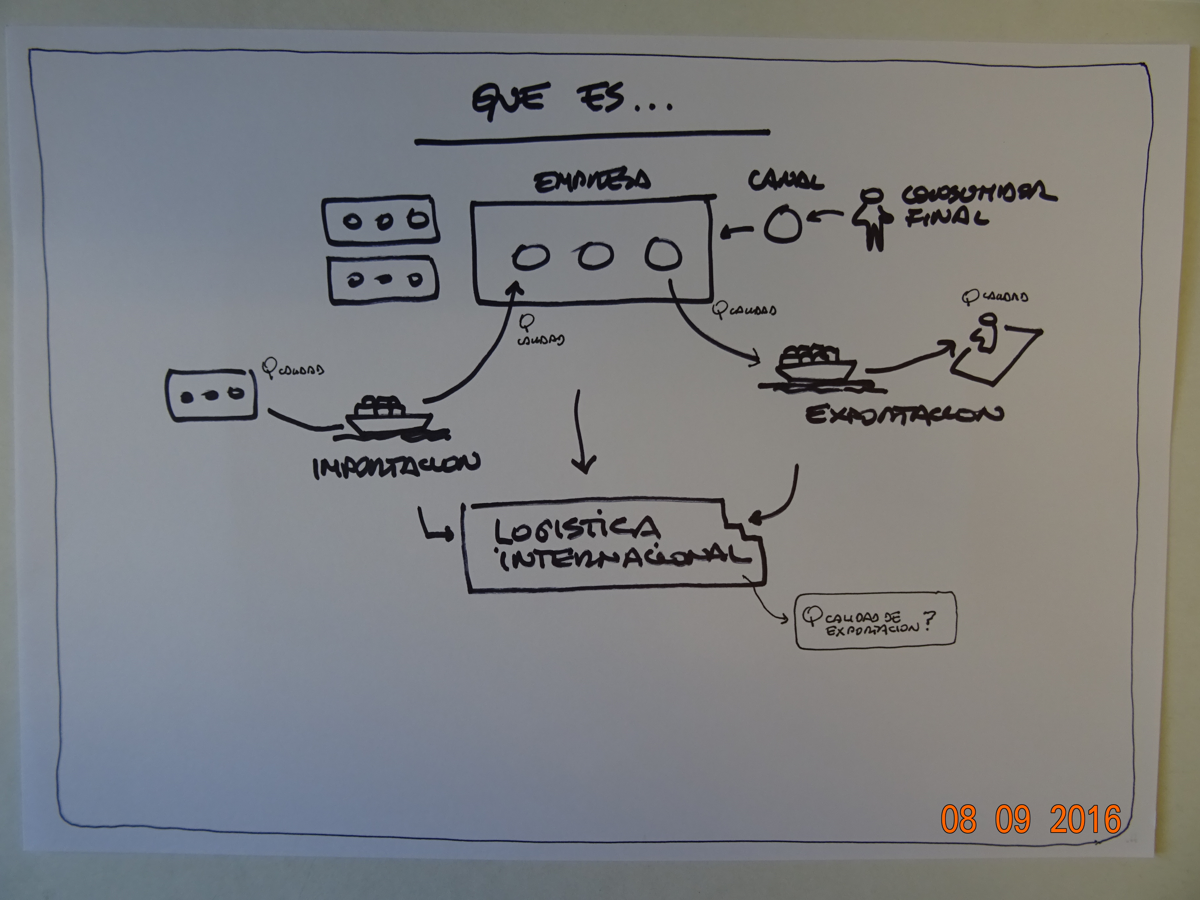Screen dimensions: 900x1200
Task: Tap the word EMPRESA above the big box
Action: [x=592, y=181]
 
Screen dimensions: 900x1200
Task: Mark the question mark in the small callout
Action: [x=929, y=621]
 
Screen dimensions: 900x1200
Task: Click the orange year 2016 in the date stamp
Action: [x=1085, y=819]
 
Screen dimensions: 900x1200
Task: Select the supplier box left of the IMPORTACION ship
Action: [x=212, y=394]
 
